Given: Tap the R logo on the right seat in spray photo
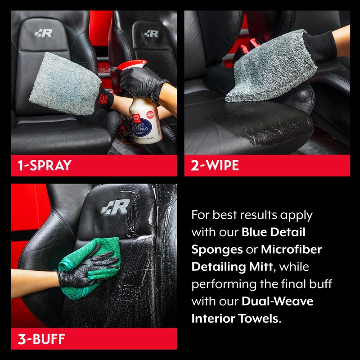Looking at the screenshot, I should [x=151, y=33].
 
